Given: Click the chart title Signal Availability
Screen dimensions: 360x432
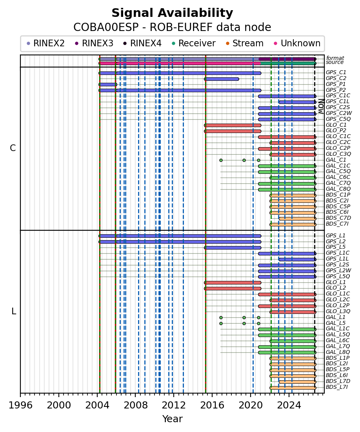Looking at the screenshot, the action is [x=172, y=13].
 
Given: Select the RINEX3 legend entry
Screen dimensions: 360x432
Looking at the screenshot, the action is [x=94, y=43].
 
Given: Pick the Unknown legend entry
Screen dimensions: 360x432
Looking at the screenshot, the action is [x=296, y=43].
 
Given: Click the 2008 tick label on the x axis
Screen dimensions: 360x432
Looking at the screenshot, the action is [x=135, y=405].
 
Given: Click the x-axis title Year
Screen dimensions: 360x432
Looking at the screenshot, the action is [x=172, y=419].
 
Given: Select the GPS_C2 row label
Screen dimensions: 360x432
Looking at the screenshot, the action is [x=336, y=78].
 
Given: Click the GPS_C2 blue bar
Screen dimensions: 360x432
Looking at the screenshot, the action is [x=222, y=79].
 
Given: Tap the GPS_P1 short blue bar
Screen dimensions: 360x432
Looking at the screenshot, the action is [x=108, y=85].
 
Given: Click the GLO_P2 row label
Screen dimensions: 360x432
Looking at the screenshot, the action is [x=336, y=131].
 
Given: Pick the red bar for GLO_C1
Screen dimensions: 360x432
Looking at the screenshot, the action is [x=233, y=125].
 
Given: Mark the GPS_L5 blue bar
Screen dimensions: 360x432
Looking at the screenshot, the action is [x=233, y=248].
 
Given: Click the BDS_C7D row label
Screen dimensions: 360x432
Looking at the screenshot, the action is [x=338, y=218].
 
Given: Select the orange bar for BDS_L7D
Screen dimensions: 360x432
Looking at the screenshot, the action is [x=298, y=382].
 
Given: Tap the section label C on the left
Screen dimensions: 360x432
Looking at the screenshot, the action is [x=13, y=148].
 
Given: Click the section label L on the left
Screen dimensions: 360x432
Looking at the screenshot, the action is [x=14, y=312].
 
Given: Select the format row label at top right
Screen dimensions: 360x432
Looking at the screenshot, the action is [x=335, y=58].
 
